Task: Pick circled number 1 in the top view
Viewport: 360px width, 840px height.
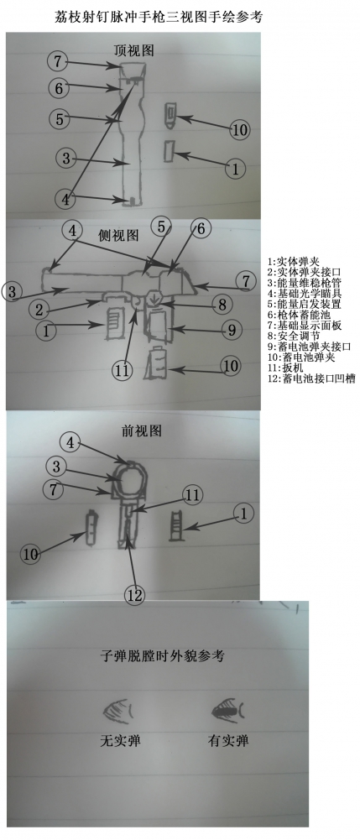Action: tap(237, 169)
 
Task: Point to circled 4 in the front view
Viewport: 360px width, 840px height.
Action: tap(70, 441)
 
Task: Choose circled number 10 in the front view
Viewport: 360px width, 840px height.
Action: tap(31, 554)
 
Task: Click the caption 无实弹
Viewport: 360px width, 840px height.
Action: tap(118, 741)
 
